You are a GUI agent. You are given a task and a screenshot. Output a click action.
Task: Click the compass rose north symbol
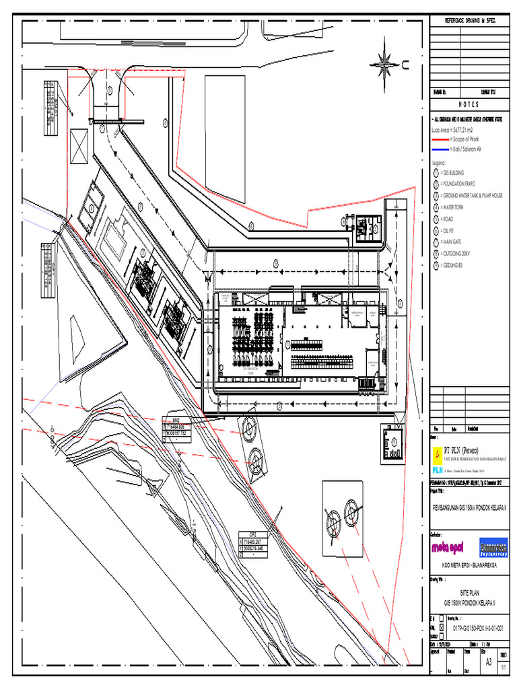coord(385,65)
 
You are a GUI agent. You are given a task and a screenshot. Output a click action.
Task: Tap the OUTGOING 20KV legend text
coord(462,254)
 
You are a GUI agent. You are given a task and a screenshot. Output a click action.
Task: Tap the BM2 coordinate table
coord(178,427)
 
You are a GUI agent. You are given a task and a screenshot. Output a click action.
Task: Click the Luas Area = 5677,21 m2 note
coord(455,129)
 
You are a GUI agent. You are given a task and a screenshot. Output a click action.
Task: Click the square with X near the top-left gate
coord(79,147)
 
